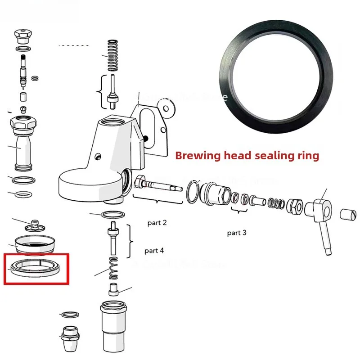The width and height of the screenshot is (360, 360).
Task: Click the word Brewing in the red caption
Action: [x=194, y=156]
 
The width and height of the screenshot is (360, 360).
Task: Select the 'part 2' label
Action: [x=157, y=223]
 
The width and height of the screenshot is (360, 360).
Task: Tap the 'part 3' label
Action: [x=237, y=233]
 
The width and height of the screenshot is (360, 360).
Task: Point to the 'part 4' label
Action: [x=154, y=251]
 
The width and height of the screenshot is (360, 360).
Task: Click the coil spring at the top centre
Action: [x=112, y=55]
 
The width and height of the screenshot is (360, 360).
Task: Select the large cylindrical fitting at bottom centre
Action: [x=113, y=323]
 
